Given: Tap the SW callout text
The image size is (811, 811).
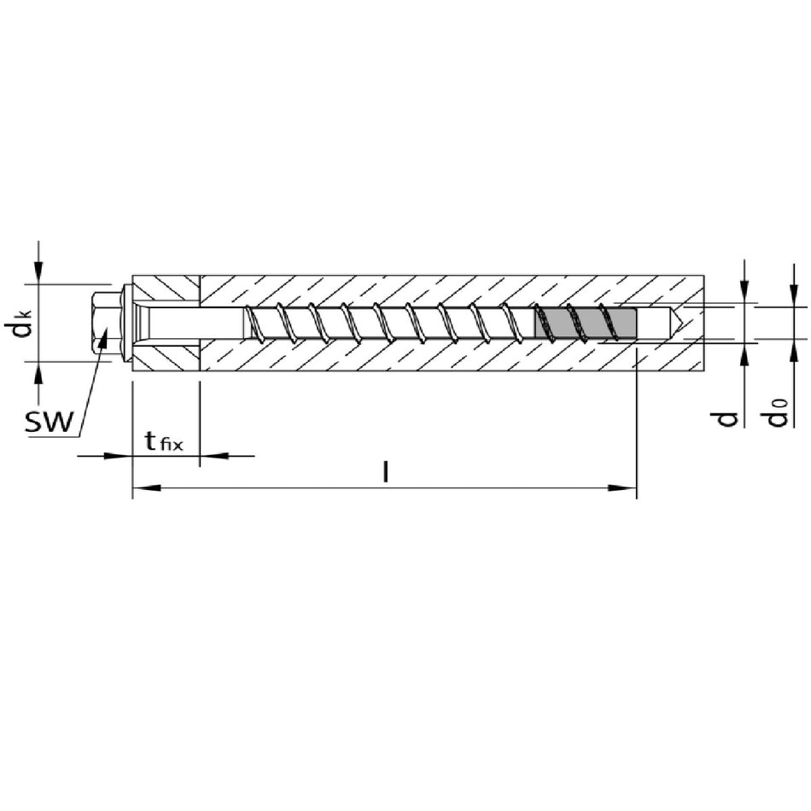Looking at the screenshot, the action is tap(50, 422).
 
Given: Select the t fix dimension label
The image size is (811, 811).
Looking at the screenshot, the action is tap(164, 442).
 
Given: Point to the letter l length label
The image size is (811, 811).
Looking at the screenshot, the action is tap(385, 472).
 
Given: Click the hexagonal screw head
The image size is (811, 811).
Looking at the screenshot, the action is tap(107, 323).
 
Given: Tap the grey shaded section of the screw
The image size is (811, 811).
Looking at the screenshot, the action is tap(586, 323).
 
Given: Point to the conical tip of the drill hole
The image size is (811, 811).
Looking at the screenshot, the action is tap(677, 323).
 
